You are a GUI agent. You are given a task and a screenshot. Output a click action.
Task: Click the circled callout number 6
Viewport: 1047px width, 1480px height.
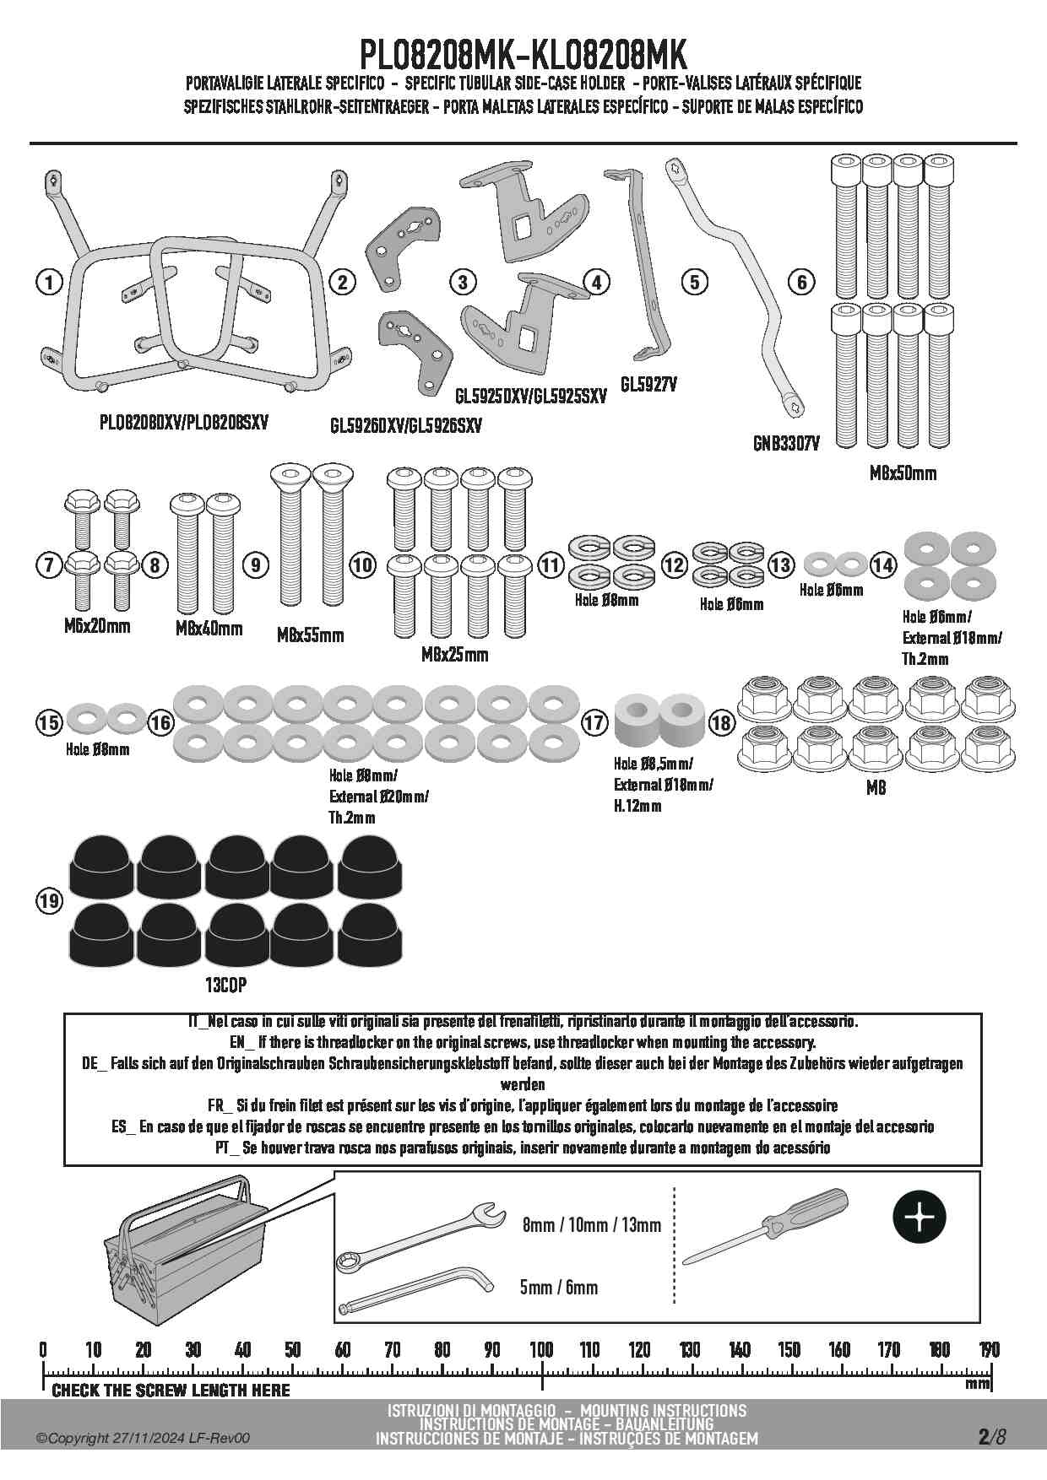[x=802, y=282]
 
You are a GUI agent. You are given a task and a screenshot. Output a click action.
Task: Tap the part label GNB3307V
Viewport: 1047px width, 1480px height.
[x=785, y=443]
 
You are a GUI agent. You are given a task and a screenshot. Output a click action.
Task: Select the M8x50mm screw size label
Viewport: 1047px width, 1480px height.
[x=903, y=473]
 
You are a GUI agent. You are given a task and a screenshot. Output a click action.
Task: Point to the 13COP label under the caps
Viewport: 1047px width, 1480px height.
[x=225, y=985]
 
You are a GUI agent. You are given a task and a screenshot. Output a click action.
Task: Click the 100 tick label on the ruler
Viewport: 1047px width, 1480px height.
[x=541, y=1349]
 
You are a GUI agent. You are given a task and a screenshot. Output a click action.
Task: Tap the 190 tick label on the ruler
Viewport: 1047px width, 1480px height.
[x=989, y=1349]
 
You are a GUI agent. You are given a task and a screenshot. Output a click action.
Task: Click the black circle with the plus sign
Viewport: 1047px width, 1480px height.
[x=920, y=1218]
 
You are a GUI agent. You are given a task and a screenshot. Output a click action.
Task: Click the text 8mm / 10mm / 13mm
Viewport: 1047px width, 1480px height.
[x=591, y=1224]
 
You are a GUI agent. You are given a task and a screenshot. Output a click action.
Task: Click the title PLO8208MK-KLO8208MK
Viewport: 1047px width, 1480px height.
[x=523, y=56]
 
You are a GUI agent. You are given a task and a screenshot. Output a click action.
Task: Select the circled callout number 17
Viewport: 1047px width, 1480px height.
[x=594, y=722]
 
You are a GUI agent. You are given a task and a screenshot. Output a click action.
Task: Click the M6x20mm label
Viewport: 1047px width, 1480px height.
[x=97, y=626]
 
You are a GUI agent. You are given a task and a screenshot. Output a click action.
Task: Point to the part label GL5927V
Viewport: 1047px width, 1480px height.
[x=648, y=385]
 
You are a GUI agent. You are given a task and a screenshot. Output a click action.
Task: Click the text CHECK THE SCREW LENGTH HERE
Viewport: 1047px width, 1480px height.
[x=171, y=1390]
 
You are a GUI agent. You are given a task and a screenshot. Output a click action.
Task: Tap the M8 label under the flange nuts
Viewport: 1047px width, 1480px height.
[x=876, y=788]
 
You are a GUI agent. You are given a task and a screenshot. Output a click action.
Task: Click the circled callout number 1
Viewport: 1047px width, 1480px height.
[x=50, y=282]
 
